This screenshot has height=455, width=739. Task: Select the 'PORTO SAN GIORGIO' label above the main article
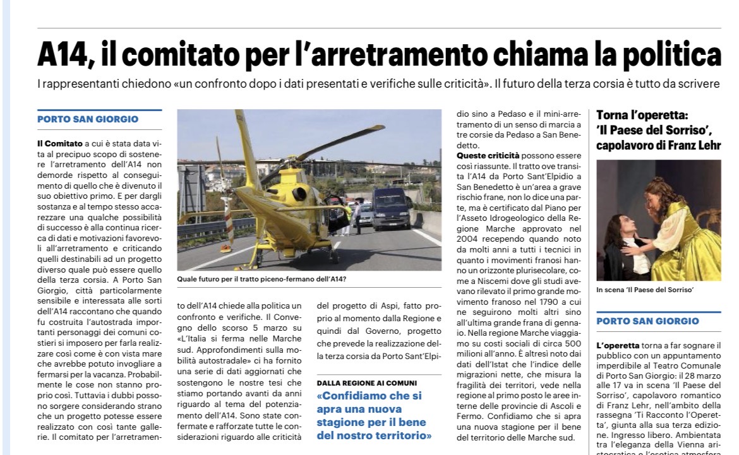pos(88,119)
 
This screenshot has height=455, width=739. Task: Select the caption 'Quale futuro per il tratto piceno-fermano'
pos(261,278)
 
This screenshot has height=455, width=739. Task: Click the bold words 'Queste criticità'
pos(488,155)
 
